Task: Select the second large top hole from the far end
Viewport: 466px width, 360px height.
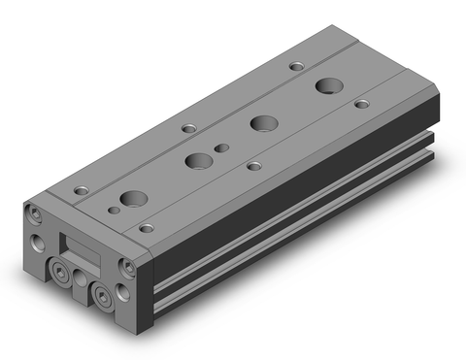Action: pyautogui.click(x=260, y=123)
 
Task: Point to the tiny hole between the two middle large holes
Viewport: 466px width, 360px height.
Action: pyautogui.click(x=224, y=149)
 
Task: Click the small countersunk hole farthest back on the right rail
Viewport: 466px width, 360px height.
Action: pyautogui.click(x=361, y=103)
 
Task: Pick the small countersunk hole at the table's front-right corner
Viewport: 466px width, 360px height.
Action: pyautogui.click(x=146, y=228)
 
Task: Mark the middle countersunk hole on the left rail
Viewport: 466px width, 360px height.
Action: pyautogui.click(x=186, y=128)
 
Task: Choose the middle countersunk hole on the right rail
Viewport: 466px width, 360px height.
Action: pyautogui.click(x=253, y=166)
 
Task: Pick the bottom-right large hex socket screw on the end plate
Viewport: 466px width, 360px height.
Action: pyautogui.click(x=101, y=295)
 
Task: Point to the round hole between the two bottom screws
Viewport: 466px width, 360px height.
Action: pyautogui.click(x=81, y=278)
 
